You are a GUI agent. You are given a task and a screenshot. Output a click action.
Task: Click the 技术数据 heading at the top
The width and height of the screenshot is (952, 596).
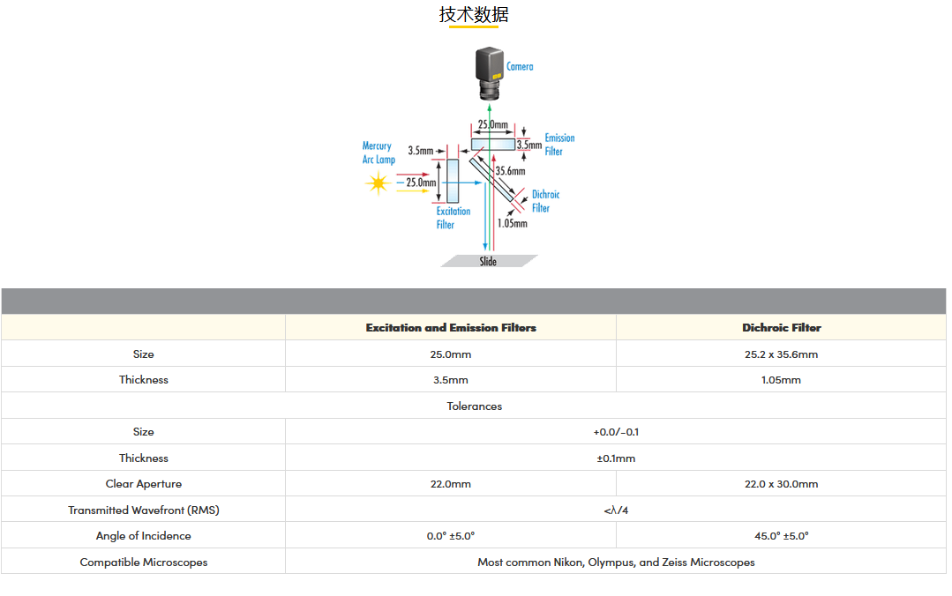point(474,15)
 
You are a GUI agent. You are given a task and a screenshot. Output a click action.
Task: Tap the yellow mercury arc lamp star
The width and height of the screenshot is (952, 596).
point(378,183)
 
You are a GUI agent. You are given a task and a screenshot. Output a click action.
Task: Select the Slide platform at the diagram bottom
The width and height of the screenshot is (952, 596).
point(489,261)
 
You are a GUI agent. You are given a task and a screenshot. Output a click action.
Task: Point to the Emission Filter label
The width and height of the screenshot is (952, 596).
point(558,145)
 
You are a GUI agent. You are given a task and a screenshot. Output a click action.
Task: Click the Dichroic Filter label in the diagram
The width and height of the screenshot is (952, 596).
point(545,201)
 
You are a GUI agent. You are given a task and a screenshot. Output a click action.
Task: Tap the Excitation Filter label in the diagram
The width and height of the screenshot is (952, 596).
point(453,218)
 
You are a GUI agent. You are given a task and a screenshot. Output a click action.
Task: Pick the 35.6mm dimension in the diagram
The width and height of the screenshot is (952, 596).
point(510,171)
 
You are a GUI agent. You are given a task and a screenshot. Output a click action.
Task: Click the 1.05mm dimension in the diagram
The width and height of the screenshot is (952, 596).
point(512,223)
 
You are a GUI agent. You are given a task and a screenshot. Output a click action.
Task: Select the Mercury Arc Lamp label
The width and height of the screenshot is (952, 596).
point(378,153)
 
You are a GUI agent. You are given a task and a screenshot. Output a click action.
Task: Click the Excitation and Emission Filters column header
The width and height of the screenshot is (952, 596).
point(451,328)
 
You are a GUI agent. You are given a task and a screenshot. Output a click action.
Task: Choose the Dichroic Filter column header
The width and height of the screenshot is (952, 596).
point(781,328)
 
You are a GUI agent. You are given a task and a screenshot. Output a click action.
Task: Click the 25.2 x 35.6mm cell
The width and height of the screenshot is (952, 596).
point(781,354)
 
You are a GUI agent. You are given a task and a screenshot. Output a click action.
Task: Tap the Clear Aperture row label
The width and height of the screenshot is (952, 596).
point(143,484)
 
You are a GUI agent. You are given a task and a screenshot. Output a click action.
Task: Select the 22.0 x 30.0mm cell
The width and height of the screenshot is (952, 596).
point(781,484)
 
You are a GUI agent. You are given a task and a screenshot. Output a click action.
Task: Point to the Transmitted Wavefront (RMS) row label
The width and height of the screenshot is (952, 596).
point(143,510)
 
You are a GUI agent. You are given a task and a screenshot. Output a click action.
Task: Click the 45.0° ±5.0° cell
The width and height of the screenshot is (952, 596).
point(781,536)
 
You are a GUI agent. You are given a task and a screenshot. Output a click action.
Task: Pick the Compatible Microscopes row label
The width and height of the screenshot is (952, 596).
point(143,562)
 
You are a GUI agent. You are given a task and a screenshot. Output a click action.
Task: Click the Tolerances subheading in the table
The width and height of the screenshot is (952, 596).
point(474,406)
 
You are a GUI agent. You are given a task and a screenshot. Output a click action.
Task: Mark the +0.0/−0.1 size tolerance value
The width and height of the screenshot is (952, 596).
point(616,432)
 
